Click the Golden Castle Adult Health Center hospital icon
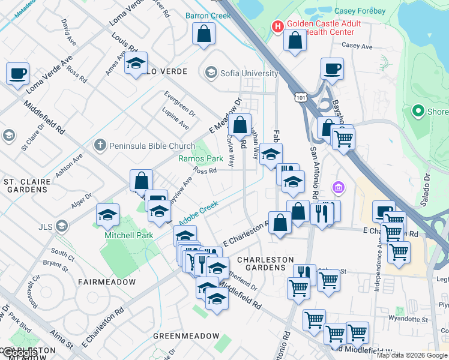(277, 26)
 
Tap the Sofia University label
(249, 73)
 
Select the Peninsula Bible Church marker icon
(100, 145)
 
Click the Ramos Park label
(200, 158)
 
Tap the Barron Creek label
(208, 16)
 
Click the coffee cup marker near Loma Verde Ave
(17, 73)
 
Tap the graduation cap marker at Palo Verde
(136, 62)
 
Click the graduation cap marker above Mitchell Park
(107, 214)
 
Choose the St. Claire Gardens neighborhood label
(25, 185)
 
